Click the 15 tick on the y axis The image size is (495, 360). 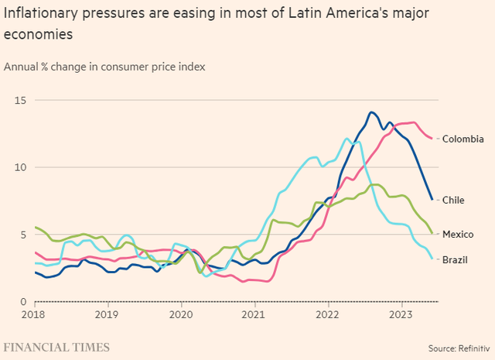tap(21, 100)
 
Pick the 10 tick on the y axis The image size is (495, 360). tap(21, 167)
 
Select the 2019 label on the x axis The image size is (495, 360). tap(107, 315)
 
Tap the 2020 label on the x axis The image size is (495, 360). tap(181, 315)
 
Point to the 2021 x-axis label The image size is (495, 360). tap(254, 315)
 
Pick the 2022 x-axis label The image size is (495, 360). tap(328, 315)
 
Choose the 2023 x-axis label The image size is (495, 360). tap(401, 315)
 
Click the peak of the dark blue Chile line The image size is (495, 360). tap(372, 112)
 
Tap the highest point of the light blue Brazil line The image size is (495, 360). tap(346, 139)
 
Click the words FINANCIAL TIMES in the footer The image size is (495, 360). tap(56, 347)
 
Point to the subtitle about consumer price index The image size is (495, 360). tap(104, 66)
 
